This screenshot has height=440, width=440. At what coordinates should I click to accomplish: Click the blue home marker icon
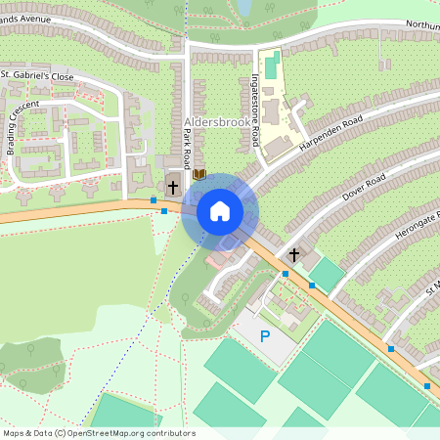(219, 210)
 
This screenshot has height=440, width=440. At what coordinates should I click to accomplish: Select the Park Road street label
(185, 150)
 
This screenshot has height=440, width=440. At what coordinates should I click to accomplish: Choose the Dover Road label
(364, 187)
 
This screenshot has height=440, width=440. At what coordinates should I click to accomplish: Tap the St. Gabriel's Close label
(37, 74)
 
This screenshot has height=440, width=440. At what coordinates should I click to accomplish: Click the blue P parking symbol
(264, 336)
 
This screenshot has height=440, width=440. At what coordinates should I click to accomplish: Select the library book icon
(200, 174)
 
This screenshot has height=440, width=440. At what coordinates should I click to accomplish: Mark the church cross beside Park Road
(173, 185)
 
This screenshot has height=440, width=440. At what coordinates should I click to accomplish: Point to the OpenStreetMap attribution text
(98, 432)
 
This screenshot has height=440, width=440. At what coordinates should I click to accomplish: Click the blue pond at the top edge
(243, 8)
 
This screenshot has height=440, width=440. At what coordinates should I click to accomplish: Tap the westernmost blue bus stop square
(154, 199)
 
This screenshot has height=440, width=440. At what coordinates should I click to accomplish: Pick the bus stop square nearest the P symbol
(286, 274)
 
